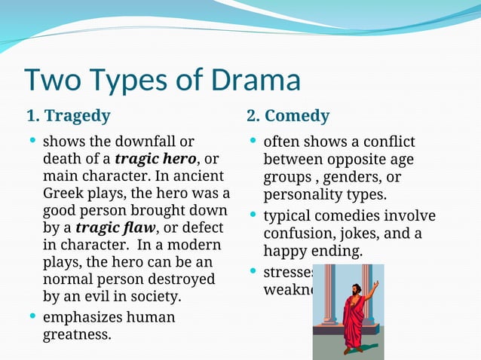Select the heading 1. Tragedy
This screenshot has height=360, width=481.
(x=68, y=116)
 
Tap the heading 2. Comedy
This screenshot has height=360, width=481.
(x=287, y=116)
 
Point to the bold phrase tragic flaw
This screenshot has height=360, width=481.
(x=115, y=227)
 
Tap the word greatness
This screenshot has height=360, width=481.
(x=76, y=334)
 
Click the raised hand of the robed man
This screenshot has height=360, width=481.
(x=375, y=284)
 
